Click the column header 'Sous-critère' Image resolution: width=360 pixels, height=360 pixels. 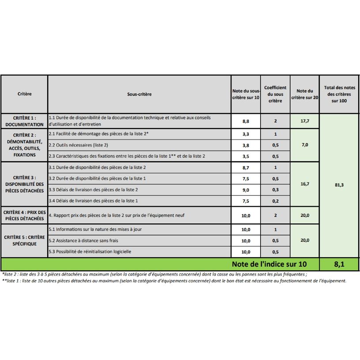139,94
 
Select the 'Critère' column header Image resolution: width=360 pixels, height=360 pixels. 25,94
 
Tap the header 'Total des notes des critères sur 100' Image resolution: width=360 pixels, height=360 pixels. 339,94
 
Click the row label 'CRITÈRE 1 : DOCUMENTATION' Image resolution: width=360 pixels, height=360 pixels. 25,121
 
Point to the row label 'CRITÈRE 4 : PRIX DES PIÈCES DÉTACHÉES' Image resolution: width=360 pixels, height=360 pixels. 25,215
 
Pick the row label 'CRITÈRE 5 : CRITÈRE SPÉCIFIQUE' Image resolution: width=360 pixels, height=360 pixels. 25,240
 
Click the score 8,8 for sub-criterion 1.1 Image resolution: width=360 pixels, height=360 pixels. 246,121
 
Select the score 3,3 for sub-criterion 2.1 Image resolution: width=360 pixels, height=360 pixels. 246,134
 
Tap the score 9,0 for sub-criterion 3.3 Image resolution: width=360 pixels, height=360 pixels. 246,190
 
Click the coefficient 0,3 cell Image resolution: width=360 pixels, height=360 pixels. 275,190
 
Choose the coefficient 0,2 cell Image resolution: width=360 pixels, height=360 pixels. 275,201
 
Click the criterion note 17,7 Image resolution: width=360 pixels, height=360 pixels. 304,121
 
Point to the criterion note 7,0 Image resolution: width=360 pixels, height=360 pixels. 304,145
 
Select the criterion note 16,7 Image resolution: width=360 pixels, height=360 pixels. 304,184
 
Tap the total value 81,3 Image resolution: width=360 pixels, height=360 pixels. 339,185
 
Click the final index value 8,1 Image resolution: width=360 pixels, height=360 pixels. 339,264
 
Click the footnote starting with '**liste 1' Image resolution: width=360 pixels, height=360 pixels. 174,280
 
